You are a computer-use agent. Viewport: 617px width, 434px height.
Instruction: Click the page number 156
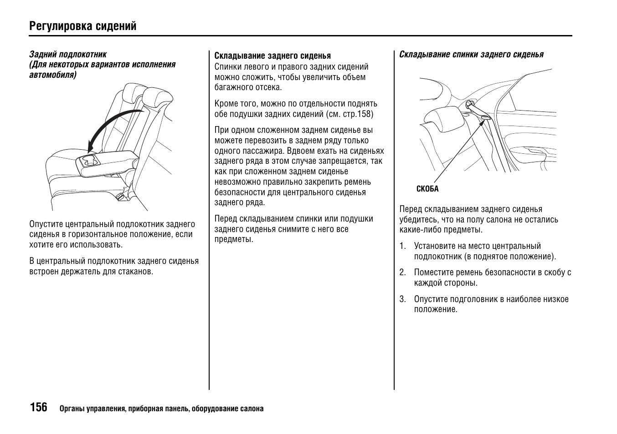tap(39, 407)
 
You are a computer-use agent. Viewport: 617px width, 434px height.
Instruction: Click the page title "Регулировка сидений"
tap(82, 26)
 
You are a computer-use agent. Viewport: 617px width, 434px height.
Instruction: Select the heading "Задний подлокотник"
tap(68, 55)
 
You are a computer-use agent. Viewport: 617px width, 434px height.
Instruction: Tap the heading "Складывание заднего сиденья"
tap(273, 56)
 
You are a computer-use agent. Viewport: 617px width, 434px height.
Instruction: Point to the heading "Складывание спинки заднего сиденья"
tap(471, 55)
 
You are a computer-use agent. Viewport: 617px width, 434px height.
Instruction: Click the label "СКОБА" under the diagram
tap(427, 189)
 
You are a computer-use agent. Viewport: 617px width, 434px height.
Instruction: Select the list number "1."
tap(402, 246)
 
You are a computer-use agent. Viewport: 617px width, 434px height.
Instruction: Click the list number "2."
tap(402, 273)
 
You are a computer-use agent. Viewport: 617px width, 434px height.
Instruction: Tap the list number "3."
tap(402, 299)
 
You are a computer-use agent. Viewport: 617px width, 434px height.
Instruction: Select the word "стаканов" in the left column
tap(136, 272)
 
